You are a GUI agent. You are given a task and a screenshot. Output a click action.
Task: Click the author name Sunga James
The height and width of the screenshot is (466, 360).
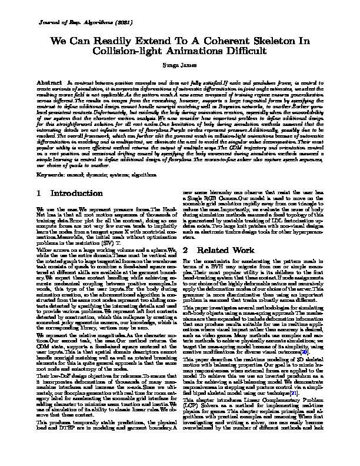pyautogui.click(x=180, y=68)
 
